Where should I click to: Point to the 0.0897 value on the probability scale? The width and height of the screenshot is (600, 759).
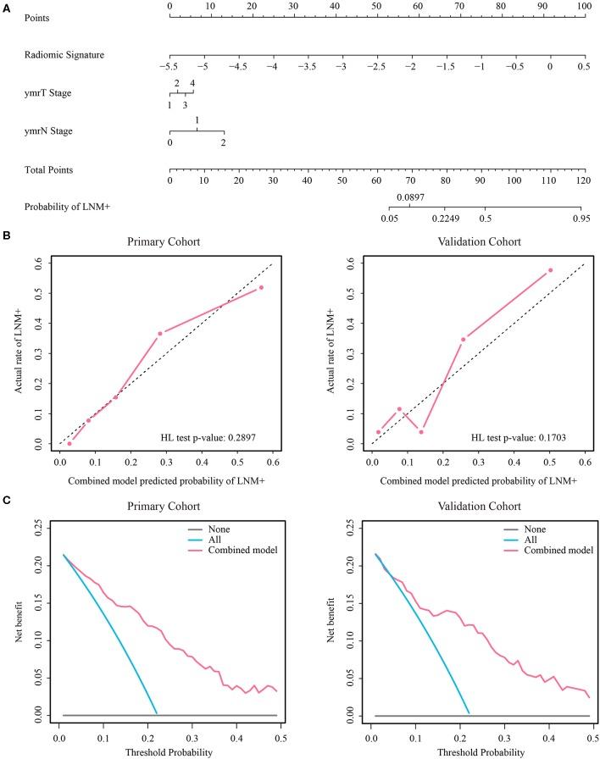tap(410, 197)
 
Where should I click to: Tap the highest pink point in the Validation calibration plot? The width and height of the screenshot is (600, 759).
tap(550, 270)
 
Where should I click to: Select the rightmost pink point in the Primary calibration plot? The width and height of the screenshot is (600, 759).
tap(261, 287)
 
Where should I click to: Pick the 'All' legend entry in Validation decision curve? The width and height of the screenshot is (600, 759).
tap(517, 540)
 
